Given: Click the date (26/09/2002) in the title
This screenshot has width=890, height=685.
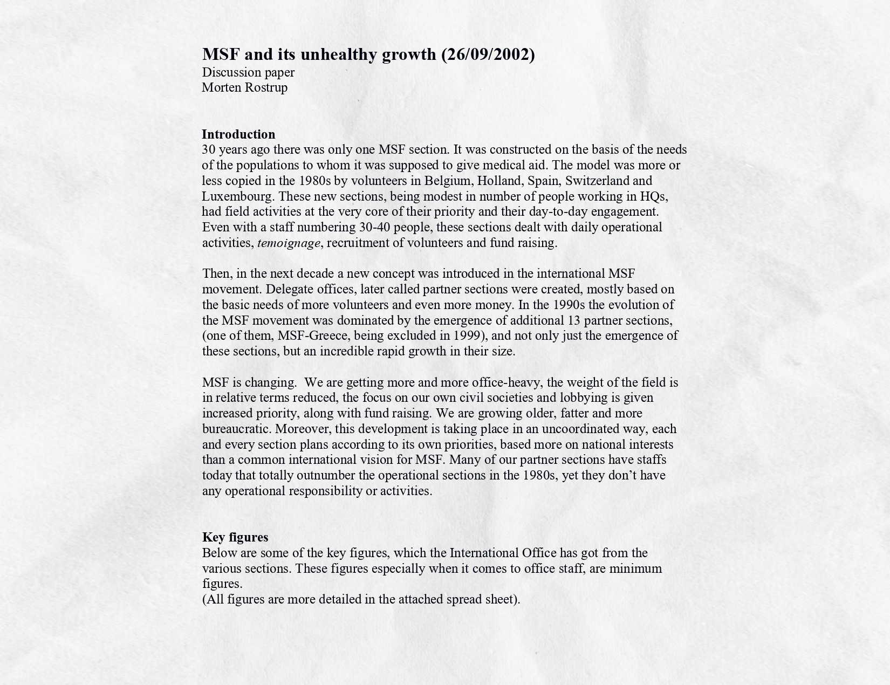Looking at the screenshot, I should [488, 54].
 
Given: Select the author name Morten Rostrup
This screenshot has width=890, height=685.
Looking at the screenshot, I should [244, 87].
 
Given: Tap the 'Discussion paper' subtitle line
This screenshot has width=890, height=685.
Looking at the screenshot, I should [248, 72].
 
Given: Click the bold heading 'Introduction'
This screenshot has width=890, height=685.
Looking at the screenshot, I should [238, 134].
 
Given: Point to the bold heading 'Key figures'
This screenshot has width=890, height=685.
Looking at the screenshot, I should [235, 537].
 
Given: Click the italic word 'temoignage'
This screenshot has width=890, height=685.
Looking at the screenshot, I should [289, 243].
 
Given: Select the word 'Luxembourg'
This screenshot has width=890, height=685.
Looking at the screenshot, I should [237, 196].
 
